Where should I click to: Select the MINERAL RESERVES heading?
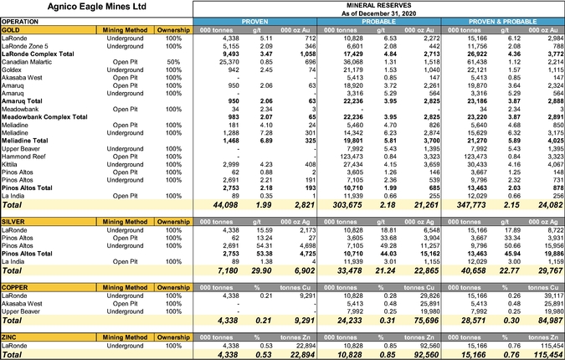pos(379,4)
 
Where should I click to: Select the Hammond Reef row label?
pos(26,157)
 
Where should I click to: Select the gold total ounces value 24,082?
pos(547,204)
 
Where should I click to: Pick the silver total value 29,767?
pos(547,270)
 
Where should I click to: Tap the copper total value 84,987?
pos(547,319)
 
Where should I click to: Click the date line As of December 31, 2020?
pos(379,13)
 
